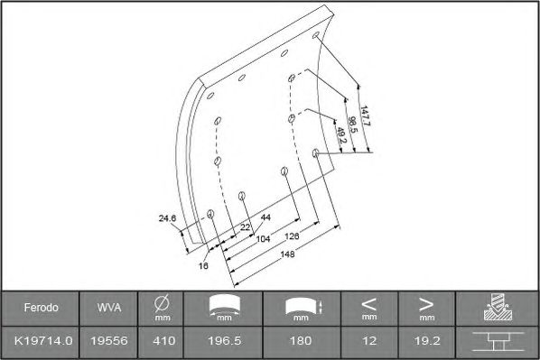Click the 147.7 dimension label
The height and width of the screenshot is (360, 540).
tap(365, 116)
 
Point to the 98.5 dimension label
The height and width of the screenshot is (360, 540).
tap(353, 125)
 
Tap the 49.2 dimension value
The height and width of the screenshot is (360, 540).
tap(341, 135)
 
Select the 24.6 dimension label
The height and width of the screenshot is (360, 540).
tap(167, 218)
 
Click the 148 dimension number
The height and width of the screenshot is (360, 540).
tap(287, 254)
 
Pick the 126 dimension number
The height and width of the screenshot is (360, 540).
tap(292, 236)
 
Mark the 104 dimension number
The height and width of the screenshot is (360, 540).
tap(264, 239)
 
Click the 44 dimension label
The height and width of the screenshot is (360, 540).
tap(265, 217)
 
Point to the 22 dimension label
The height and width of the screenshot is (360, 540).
tap(245, 227)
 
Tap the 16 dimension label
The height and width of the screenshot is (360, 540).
tap(203, 265)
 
